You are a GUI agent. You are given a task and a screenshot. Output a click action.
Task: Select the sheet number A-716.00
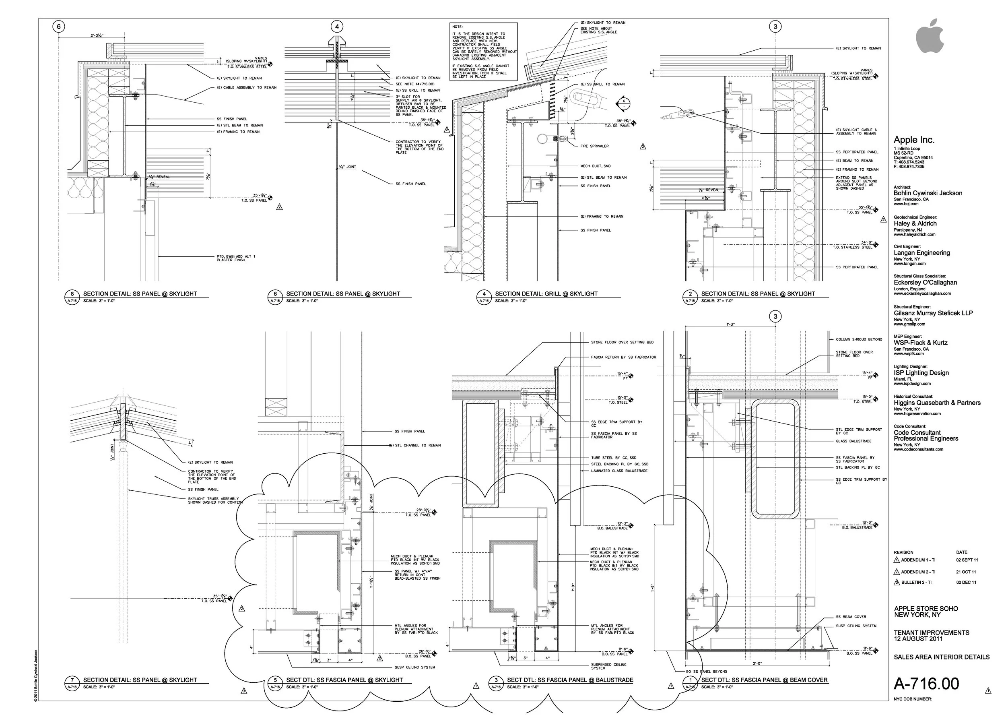(926, 684)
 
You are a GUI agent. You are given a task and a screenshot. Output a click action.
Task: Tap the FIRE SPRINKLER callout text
(594, 146)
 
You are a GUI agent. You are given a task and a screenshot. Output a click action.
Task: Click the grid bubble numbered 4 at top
(337, 27)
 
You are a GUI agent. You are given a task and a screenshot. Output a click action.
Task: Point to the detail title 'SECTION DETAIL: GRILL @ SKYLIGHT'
(546, 293)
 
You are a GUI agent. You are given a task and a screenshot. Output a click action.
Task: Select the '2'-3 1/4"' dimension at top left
(97, 35)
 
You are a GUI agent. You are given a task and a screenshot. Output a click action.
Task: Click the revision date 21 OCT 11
(966, 572)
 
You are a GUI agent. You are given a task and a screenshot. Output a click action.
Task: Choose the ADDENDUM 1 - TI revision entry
(918, 560)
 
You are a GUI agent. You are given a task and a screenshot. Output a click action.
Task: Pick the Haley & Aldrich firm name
(915, 223)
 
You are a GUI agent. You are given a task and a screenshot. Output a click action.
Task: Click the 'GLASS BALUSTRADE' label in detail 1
(853, 441)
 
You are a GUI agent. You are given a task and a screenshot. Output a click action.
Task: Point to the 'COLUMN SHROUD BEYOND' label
(859, 340)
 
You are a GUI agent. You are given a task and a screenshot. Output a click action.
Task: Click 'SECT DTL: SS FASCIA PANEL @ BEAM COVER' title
(764, 680)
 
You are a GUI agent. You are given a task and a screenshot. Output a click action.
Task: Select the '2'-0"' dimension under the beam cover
(757, 663)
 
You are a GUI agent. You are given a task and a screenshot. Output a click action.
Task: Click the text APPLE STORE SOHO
(926, 609)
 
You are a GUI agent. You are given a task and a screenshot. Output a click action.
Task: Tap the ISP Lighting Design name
(921, 373)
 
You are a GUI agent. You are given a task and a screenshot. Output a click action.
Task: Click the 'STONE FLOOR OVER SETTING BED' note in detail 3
(622, 342)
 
